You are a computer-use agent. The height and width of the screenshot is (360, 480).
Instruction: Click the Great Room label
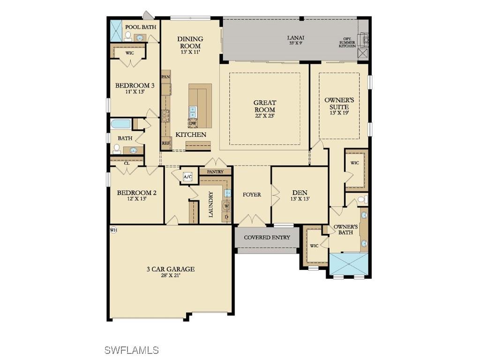(x=264, y=106)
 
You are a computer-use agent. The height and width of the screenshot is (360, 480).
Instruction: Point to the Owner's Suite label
(x=339, y=106)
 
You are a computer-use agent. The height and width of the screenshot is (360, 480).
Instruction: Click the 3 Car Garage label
(x=170, y=272)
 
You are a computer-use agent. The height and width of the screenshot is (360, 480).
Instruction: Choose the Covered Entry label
(x=267, y=238)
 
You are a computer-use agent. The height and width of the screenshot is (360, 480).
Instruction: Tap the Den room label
(x=300, y=195)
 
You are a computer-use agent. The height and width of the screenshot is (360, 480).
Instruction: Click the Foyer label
(x=252, y=195)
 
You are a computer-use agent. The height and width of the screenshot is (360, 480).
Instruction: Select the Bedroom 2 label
(x=136, y=195)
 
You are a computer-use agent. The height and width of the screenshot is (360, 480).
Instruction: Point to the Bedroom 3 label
(x=135, y=89)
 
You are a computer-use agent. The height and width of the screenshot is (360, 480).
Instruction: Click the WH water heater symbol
(x=113, y=230)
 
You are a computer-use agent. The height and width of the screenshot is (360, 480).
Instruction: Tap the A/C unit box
(x=187, y=177)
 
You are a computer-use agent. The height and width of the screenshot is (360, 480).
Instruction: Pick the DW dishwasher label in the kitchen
(x=193, y=123)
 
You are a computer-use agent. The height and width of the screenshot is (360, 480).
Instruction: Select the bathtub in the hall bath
(x=121, y=124)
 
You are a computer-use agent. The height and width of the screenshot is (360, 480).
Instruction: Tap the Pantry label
(x=215, y=172)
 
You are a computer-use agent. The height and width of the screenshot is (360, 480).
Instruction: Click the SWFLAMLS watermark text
(x=131, y=350)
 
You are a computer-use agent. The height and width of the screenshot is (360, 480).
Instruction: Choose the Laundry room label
(x=211, y=204)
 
